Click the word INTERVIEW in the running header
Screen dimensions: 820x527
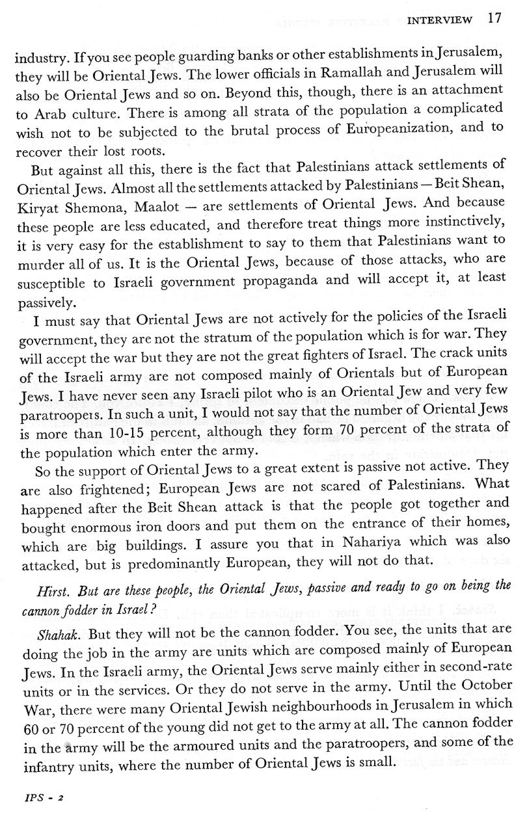(439, 20)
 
